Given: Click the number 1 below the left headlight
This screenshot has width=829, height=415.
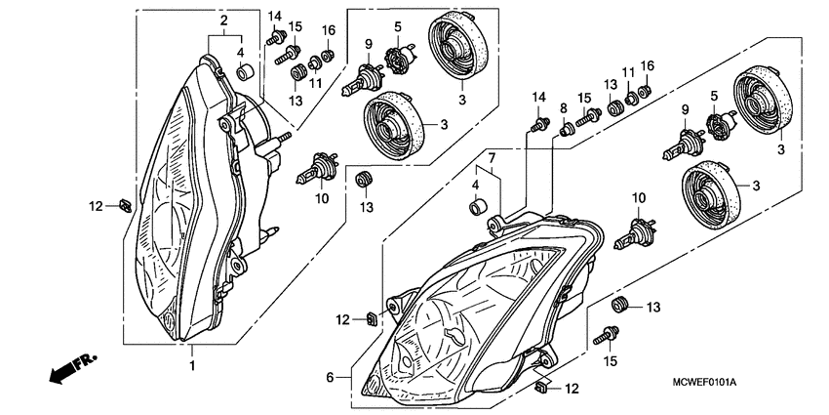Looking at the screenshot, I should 192,365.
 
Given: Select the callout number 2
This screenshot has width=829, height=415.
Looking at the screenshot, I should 223,21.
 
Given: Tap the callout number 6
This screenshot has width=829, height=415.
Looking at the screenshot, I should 331,377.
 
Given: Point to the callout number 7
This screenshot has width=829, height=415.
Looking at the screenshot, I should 493,157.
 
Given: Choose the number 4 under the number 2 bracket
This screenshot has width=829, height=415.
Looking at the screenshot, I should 240,52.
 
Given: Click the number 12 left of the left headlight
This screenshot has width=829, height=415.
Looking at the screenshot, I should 95,206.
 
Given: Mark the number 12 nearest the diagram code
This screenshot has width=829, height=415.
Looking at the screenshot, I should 572,389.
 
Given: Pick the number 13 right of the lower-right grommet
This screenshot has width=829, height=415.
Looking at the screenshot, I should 653,307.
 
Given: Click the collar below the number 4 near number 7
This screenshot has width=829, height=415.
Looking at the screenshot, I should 477,207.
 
